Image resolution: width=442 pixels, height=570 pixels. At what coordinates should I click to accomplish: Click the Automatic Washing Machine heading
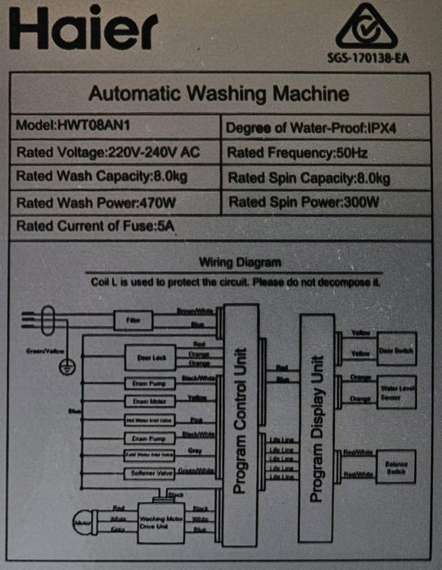coord(219,93)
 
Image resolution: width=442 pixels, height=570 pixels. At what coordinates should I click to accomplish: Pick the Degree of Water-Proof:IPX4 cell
coord(310,128)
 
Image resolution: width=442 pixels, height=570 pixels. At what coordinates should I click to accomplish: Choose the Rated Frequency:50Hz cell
coord(297,153)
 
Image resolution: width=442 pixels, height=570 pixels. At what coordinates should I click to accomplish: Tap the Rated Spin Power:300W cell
coord(304,202)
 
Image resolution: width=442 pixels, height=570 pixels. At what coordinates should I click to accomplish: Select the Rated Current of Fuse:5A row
coord(95,226)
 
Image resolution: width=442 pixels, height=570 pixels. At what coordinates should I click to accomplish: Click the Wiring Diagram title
coord(240,263)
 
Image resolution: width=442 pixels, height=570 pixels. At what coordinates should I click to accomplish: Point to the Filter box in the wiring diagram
coord(133,321)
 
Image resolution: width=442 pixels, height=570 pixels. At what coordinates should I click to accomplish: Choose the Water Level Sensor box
coord(397,392)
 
